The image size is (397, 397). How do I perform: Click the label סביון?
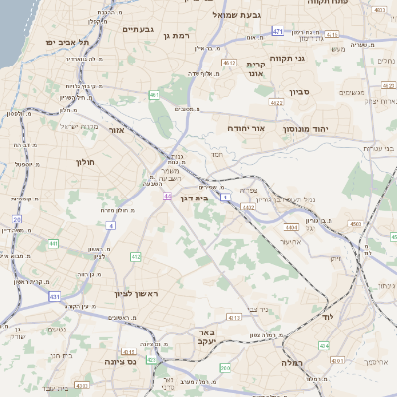click(x=301, y=92)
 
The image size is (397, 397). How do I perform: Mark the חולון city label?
click(x=83, y=161)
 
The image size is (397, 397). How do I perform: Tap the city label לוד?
click(x=327, y=317)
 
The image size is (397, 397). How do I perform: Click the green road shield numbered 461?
click(x=155, y=96)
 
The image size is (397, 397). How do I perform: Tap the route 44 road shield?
click(x=169, y=195)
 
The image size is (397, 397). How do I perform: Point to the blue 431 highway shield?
click(x=55, y=296)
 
